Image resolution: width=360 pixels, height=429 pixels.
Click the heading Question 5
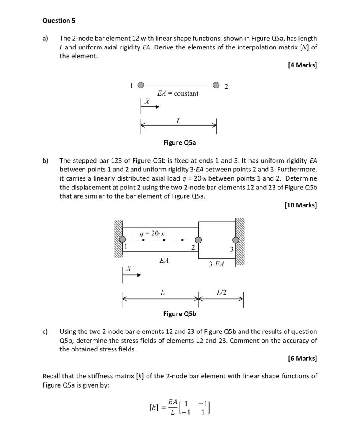coord(56,20)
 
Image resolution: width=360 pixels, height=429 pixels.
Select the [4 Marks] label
coord(302,65)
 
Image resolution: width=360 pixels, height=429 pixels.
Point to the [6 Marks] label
coord(302,358)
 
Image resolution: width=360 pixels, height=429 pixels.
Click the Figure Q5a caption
coord(180,142)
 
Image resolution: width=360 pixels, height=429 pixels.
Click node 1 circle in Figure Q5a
coord(141,85)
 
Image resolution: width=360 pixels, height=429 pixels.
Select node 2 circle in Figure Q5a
coord(216,85)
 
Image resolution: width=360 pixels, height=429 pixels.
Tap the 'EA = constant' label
coord(177,93)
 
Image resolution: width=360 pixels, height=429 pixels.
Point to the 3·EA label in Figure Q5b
coord(216,264)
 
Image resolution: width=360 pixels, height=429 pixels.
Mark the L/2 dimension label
coord(221,292)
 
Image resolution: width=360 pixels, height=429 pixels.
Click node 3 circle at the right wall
coord(236,240)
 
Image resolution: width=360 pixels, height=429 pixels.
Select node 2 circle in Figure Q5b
coord(198,240)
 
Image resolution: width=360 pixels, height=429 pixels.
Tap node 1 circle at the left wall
coord(122,240)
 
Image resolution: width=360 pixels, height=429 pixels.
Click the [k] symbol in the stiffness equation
coord(154,407)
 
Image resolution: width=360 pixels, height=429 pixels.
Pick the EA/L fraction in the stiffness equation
coord(172,407)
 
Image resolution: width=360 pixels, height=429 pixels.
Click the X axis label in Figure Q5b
coord(129,268)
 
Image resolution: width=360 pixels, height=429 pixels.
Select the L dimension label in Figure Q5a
coord(178,121)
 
